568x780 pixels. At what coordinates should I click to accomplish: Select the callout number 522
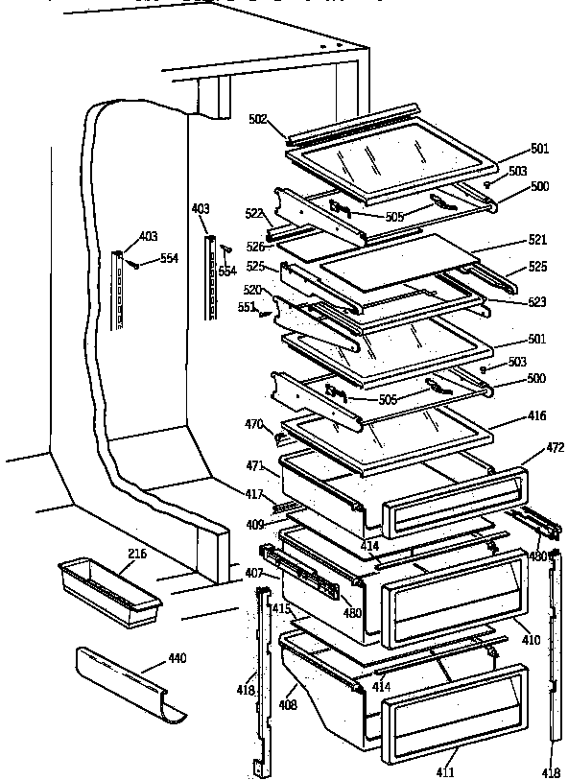pyautogui.click(x=253, y=213)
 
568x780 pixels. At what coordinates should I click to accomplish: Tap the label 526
pyautogui.click(x=254, y=247)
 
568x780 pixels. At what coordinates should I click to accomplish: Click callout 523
pyautogui.click(x=536, y=302)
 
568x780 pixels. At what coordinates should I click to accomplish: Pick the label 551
pyautogui.click(x=247, y=307)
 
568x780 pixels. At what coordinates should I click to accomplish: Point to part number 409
pyautogui.click(x=254, y=525)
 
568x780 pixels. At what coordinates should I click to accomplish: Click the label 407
pyautogui.click(x=253, y=574)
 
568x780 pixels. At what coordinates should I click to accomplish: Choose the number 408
pyautogui.click(x=287, y=704)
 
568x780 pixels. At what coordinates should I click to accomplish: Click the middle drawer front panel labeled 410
pyautogui.click(x=455, y=603)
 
